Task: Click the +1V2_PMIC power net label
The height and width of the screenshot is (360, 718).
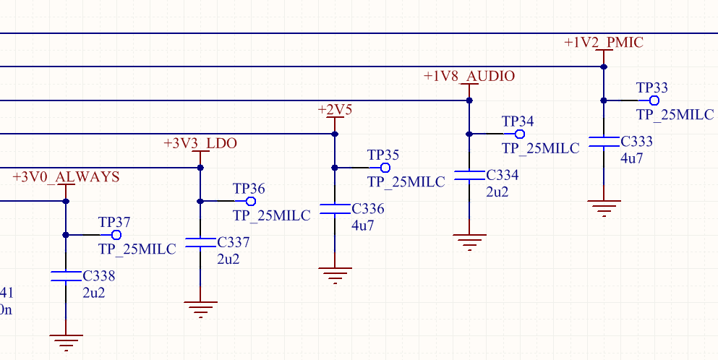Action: [603, 43]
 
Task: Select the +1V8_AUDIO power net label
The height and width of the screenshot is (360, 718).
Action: [469, 76]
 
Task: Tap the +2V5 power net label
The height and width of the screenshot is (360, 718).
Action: [335, 109]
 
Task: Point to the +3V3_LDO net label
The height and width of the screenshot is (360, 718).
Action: [200, 143]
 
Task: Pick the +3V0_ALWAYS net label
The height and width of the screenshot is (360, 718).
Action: [66, 176]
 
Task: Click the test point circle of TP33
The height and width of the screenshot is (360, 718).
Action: [654, 100]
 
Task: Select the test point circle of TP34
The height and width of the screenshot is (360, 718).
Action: [519, 134]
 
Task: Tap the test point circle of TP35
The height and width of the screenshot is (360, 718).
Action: [385, 168]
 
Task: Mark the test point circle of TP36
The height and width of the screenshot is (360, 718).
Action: [251, 201]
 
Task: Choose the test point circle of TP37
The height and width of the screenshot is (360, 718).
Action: [116, 235]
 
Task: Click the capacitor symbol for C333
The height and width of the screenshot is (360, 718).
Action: [604, 142]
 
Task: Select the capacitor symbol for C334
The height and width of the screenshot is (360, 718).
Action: [469, 176]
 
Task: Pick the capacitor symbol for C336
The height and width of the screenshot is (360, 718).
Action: [335, 209]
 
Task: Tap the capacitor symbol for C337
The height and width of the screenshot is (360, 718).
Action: [200, 243]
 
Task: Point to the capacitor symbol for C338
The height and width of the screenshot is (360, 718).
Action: [66, 276]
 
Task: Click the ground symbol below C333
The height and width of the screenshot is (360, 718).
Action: [604, 207]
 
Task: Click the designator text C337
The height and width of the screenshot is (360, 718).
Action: [233, 242]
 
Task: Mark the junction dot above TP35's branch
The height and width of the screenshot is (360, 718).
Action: [335, 134]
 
